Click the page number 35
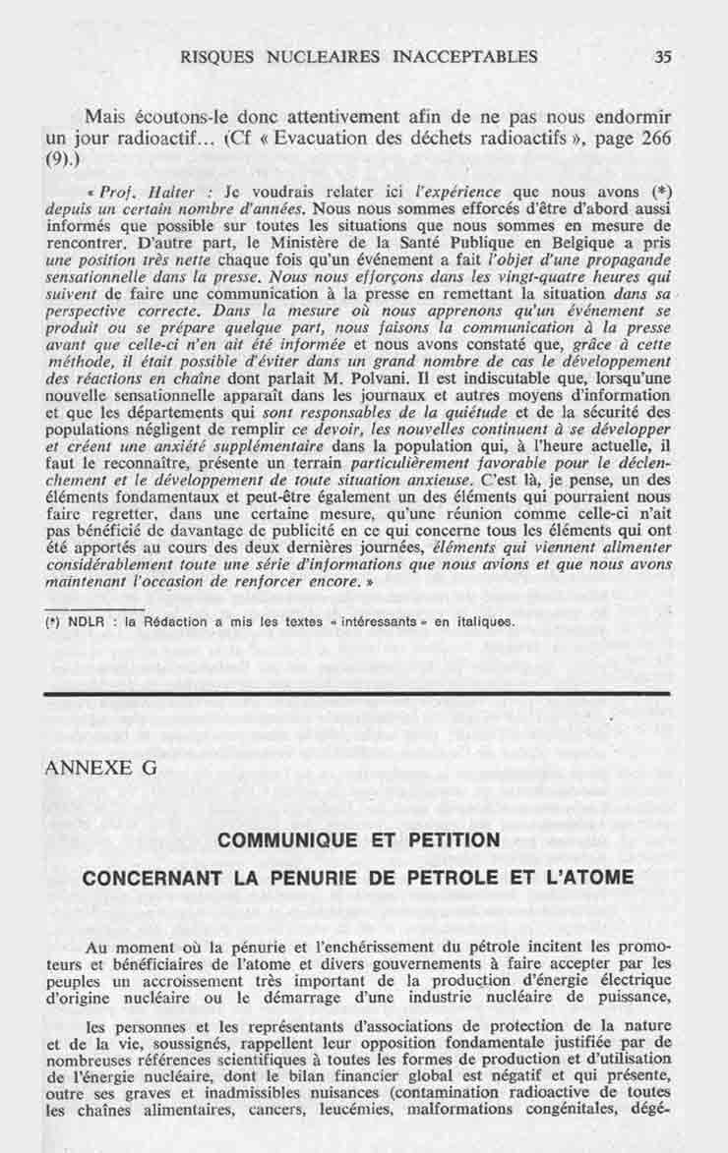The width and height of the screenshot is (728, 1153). [x=662, y=56]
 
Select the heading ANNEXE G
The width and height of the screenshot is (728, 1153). [x=101, y=767]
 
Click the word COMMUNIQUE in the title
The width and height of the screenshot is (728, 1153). [x=281, y=840]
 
